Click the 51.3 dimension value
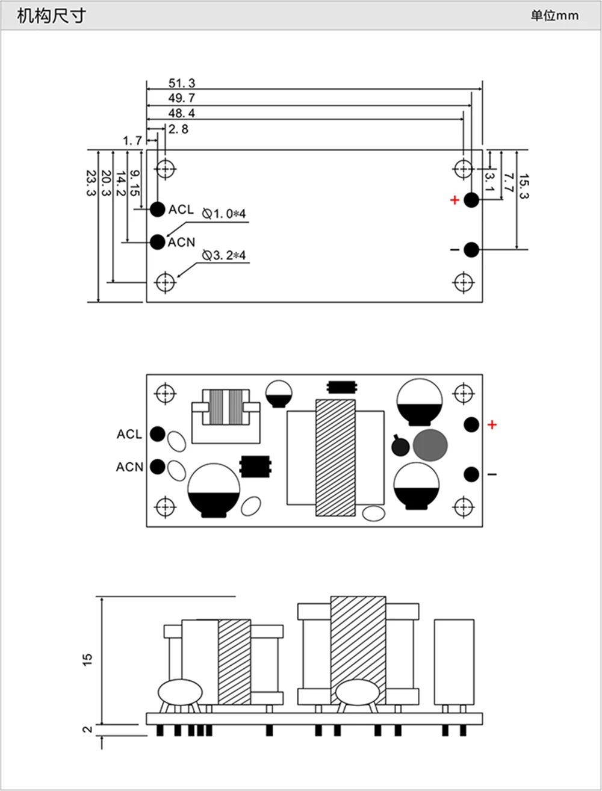tap(182, 83)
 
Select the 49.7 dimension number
tap(182, 98)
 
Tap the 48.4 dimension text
tap(182, 113)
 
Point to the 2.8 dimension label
tap(178, 129)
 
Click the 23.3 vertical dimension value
tap(91, 183)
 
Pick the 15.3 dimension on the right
tap(524, 186)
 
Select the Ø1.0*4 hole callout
tap(224, 214)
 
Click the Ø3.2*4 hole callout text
tap(224, 255)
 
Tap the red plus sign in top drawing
tap(455, 200)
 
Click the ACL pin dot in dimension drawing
tap(158, 209)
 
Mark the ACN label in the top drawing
tap(181, 242)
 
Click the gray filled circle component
tap(430, 445)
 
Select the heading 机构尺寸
tap(52, 16)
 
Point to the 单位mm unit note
tap(554, 16)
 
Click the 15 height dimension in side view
tap(87, 659)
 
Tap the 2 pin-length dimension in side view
tap(87, 730)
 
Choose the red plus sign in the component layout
tap(492, 425)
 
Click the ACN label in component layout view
tap(129, 467)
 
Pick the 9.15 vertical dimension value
tap(134, 183)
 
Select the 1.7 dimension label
tap(132, 140)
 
